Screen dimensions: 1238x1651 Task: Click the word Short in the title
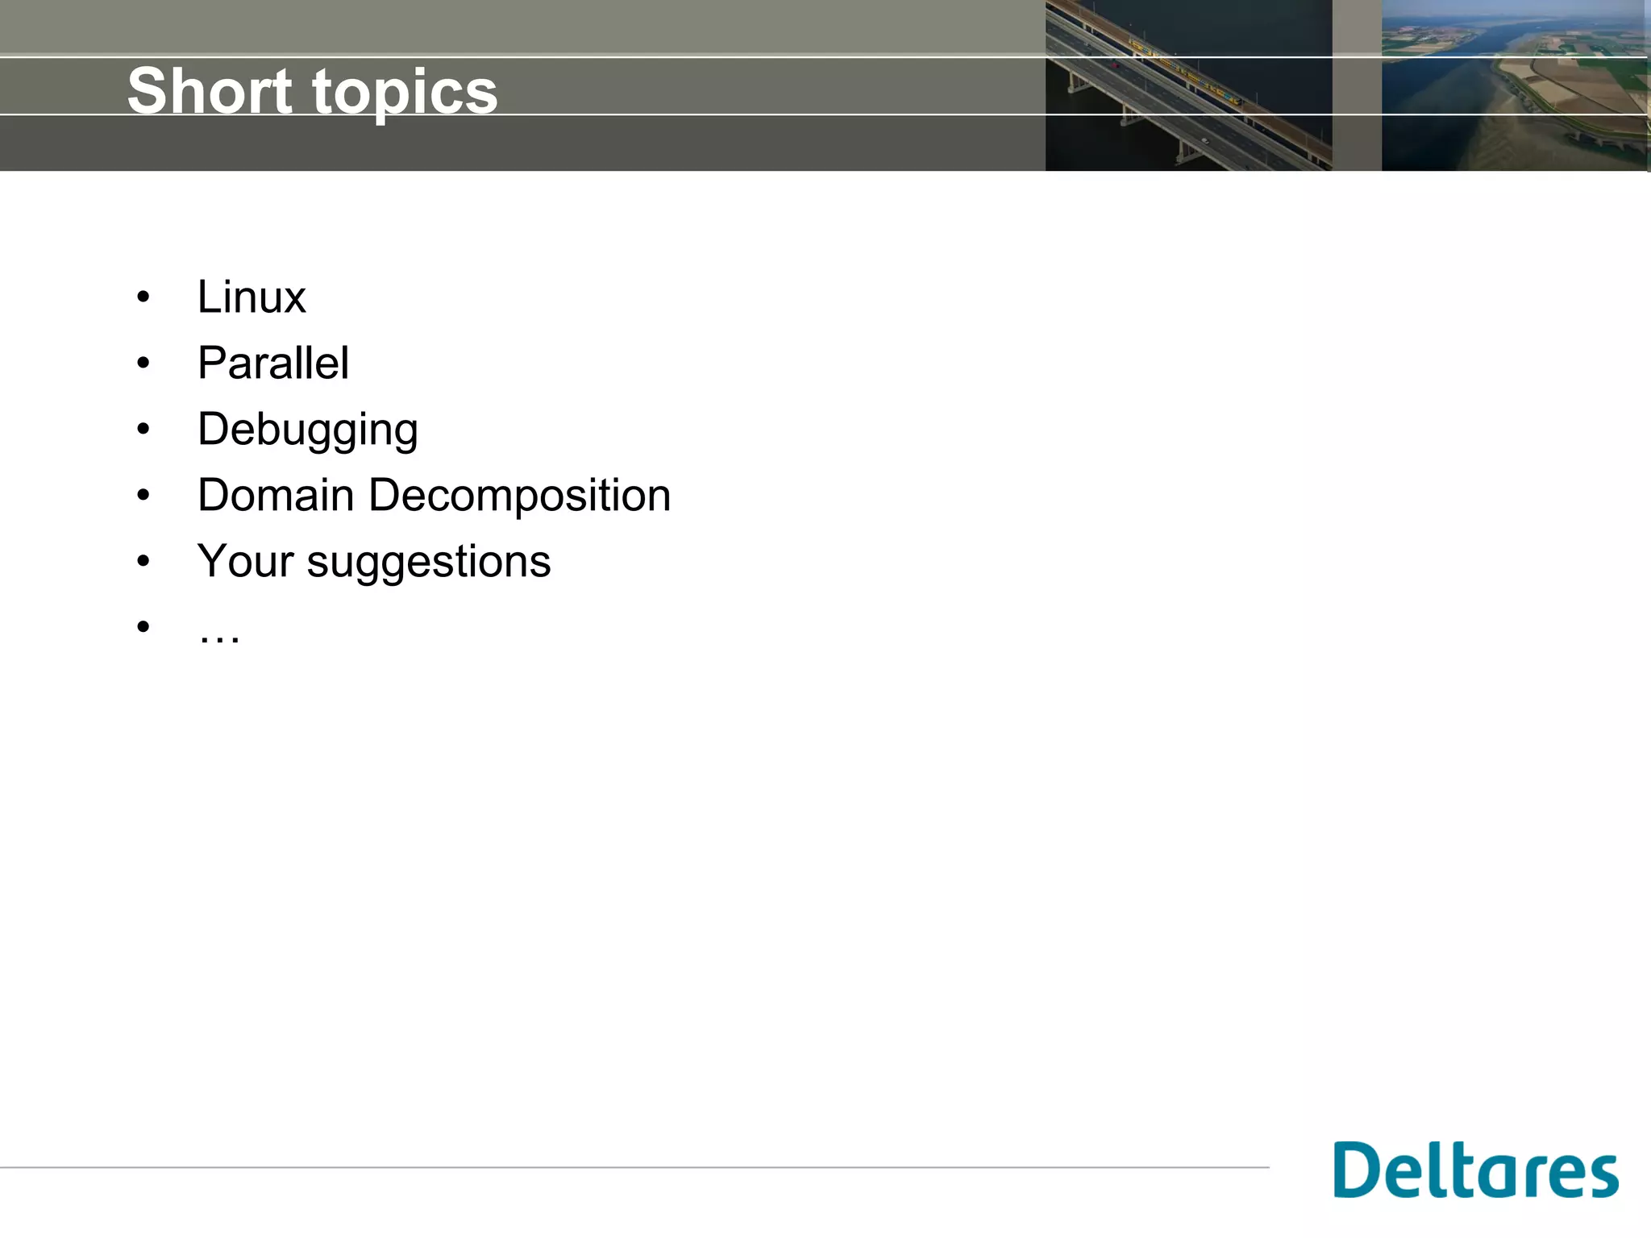coord(210,90)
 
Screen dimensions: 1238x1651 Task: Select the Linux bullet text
coord(252,297)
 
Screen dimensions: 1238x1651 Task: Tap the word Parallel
coord(273,363)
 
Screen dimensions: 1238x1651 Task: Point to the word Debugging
coord(308,430)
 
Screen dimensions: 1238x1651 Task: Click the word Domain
coord(276,495)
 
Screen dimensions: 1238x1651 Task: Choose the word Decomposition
coord(519,496)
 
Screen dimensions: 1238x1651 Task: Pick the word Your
coord(245,561)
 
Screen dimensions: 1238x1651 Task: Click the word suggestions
coord(429,563)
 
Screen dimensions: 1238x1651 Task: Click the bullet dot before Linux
coord(143,297)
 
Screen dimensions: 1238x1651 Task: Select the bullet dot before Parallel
coord(143,364)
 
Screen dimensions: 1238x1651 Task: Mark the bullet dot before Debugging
coord(143,430)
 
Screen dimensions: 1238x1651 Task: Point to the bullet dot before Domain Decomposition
coord(143,495)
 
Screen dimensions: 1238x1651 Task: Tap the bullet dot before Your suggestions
coord(143,561)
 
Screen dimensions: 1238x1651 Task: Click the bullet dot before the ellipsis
coord(143,626)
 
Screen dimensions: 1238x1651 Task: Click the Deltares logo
coord(1476,1169)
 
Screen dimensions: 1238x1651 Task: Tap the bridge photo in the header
coord(1188,85)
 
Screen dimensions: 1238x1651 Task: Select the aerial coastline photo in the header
coord(1515,85)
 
